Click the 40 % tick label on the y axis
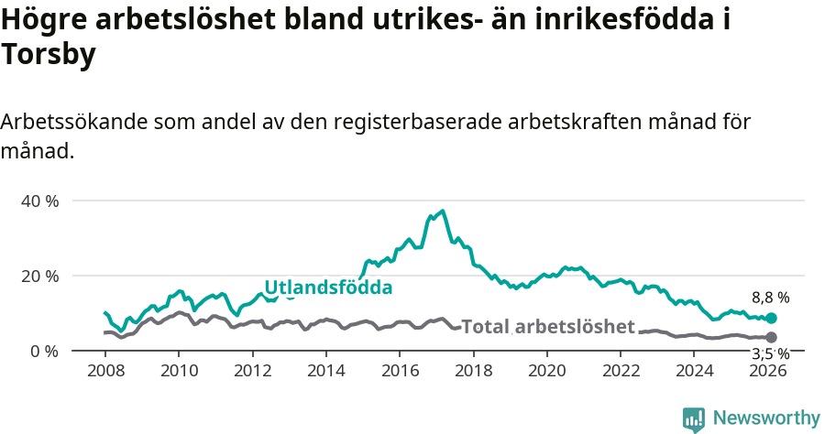39,201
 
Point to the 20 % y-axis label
39,276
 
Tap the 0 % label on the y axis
43,351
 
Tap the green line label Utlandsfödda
328,288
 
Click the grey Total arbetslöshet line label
547,327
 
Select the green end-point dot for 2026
771,318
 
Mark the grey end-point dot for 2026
771,338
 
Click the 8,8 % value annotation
770,298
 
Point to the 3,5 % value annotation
770,353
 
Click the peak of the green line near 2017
443,212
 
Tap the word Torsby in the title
49,56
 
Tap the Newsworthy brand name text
765,418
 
